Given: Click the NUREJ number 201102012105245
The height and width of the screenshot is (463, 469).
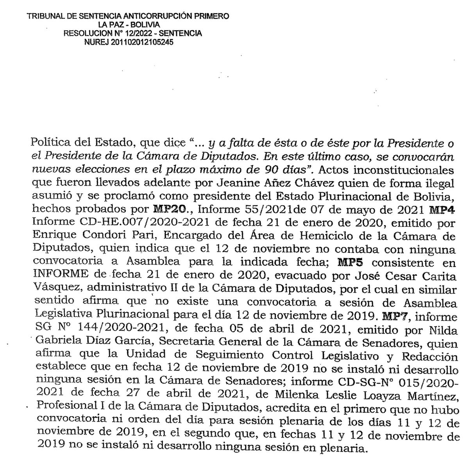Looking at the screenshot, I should coord(140,42).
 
